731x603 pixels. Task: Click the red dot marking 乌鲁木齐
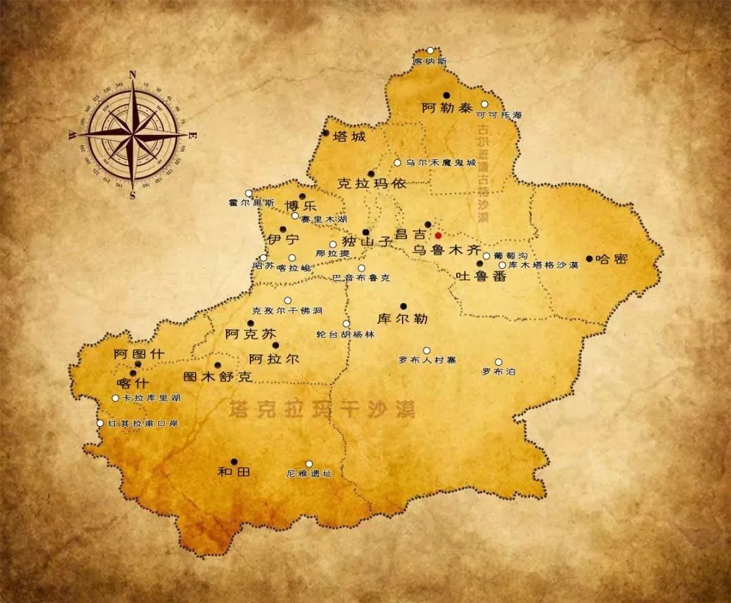click(x=438, y=235)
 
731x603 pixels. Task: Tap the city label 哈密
click(x=612, y=259)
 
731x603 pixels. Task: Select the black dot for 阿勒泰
click(x=446, y=96)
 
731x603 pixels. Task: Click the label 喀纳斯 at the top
click(x=430, y=61)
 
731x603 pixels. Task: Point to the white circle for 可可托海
click(x=484, y=104)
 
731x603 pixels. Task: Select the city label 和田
click(x=234, y=472)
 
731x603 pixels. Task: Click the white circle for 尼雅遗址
click(x=309, y=464)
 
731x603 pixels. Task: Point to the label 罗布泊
click(x=498, y=372)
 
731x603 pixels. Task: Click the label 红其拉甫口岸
click(x=143, y=423)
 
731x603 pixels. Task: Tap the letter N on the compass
click(x=133, y=75)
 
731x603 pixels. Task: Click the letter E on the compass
click(x=192, y=136)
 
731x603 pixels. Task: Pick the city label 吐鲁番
click(x=481, y=276)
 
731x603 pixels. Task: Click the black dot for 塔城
click(x=326, y=133)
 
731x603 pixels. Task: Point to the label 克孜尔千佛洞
click(x=287, y=310)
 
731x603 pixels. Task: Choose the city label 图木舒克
click(x=218, y=377)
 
